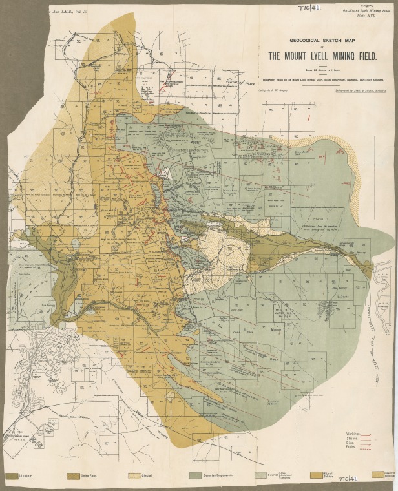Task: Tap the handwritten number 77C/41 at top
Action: [309, 7]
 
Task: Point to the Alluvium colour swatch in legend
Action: [11, 475]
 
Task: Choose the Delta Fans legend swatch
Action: [73, 475]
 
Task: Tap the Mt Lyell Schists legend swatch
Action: [317, 475]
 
